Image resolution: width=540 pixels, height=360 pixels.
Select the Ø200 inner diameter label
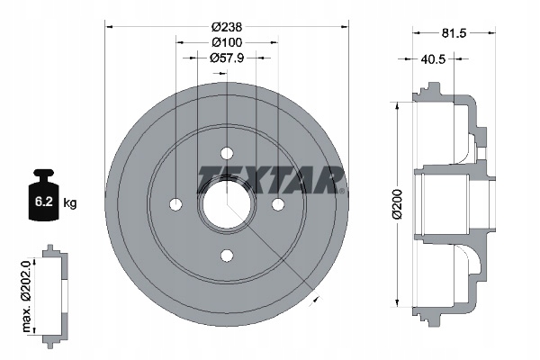click(382, 203)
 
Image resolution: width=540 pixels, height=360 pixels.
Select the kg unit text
click(70, 203)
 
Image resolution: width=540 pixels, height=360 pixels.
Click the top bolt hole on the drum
click(226, 152)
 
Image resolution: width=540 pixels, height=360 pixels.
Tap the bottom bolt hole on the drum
click(226, 255)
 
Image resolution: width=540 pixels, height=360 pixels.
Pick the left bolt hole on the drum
click(175, 203)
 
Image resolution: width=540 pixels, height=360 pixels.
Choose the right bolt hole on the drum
click(277, 203)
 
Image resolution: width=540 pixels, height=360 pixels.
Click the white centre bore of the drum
click(226, 203)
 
